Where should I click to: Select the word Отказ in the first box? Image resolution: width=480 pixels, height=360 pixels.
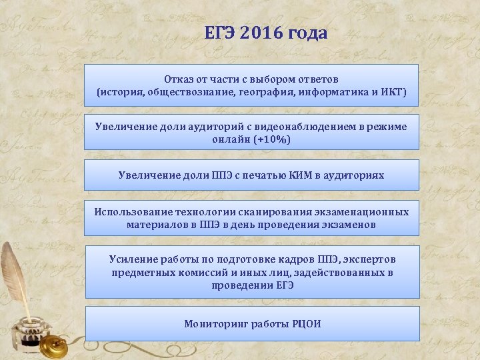click(x=178, y=79)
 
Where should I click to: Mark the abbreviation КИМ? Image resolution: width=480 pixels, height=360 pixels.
click(x=306, y=175)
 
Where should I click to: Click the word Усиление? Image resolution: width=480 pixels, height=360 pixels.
click(x=133, y=259)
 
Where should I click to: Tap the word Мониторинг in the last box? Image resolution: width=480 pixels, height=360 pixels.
click(x=216, y=324)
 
